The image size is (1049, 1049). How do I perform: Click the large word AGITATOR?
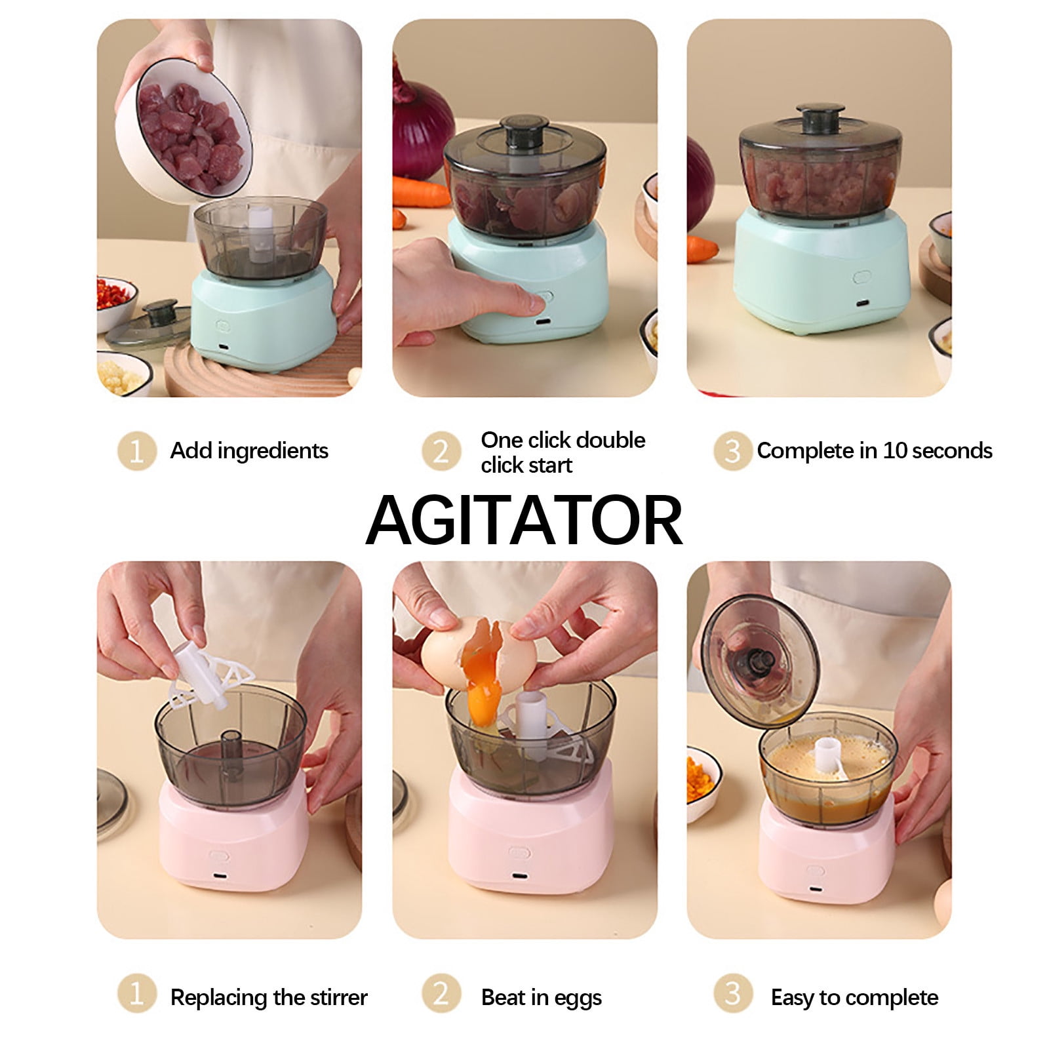524,521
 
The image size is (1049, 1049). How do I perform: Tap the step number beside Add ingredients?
136,451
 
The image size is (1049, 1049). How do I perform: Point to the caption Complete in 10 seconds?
874,451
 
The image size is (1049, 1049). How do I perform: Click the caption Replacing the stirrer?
269,997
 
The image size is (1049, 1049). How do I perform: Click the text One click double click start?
563,452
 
